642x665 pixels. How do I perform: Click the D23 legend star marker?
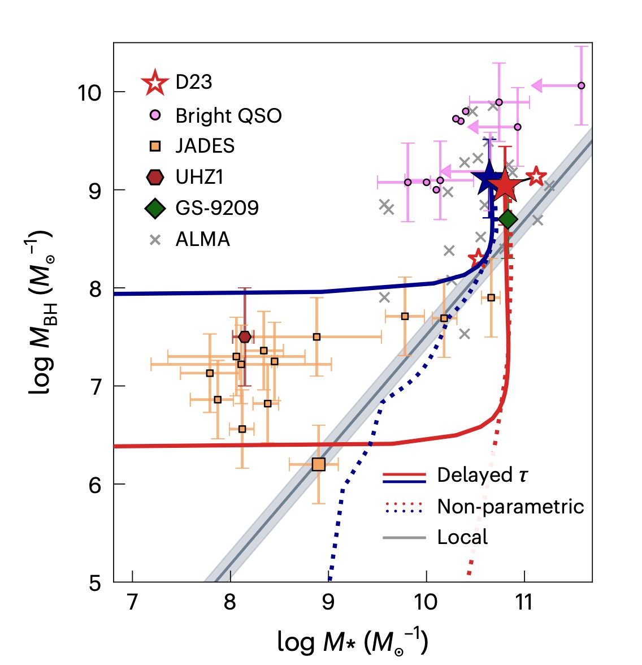pos(155,83)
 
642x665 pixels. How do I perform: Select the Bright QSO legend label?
pos(228,115)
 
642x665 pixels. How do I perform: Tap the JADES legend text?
pos(205,146)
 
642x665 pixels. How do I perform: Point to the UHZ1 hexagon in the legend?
pos(155,177)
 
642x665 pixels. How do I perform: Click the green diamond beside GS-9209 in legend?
pos(155,208)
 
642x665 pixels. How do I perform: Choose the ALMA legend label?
pos(202,239)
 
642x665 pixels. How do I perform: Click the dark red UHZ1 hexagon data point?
pos(245,337)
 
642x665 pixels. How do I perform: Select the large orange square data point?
pos(319,464)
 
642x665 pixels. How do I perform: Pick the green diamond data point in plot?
pos(507,219)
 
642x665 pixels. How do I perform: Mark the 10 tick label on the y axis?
pos(89,92)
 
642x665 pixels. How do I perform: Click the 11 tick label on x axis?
pos(524,602)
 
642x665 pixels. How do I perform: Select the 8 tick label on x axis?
pos(230,602)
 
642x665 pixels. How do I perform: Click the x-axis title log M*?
pos(352,641)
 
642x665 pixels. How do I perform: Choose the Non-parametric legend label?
pos(510,507)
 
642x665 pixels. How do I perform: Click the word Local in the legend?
pos(462,537)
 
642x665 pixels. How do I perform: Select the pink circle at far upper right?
pos(581,86)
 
